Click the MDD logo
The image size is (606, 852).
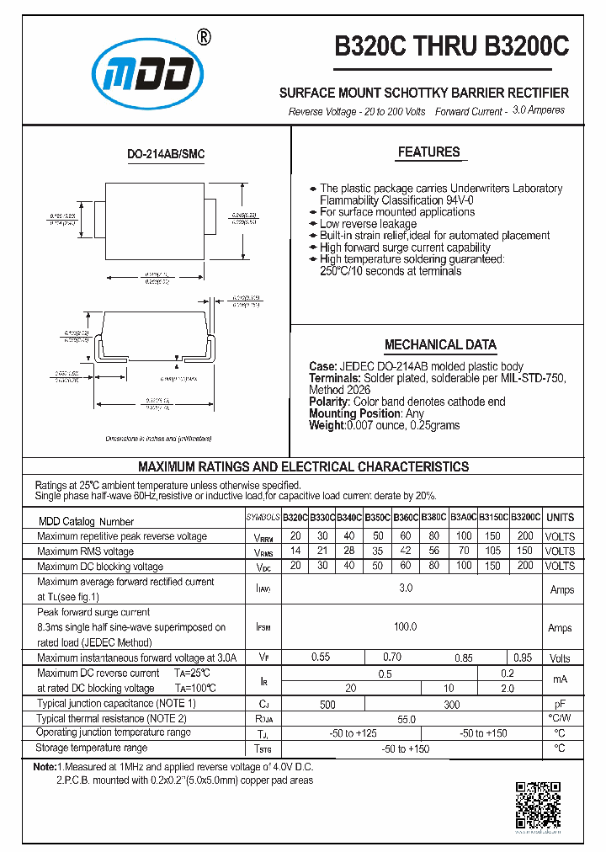(149, 77)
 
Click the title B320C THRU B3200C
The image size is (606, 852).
(451, 47)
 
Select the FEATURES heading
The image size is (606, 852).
(428, 152)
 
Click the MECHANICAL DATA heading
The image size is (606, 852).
(440, 345)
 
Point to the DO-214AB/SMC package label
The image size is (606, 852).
(166, 155)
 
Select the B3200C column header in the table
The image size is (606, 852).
(527, 518)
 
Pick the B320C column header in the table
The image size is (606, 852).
(295, 518)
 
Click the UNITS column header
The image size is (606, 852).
(561, 518)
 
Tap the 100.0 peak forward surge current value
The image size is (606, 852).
(406, 627)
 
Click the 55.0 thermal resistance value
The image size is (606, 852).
(406, 719)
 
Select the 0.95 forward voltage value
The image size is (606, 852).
(523, 658)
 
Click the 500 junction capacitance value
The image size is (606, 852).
(327, 704)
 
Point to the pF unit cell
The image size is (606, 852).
(561, 704)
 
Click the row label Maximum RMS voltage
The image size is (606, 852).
(86, 551)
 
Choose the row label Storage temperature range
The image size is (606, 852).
(93, 748)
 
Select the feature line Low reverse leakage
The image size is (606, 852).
(368, 224)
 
